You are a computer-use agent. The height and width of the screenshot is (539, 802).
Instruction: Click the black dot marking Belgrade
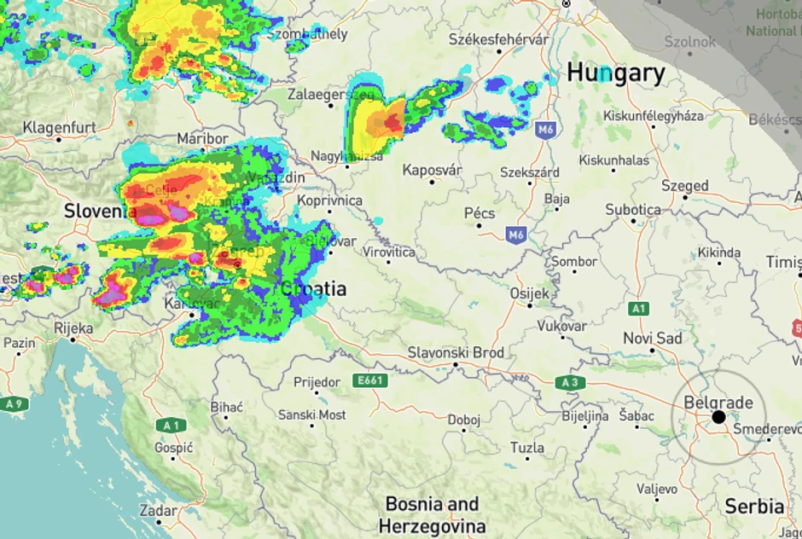point(718,417)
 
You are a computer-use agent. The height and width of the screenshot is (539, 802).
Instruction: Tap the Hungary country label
point(615,72)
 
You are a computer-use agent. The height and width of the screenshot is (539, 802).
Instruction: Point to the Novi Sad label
point(653,339)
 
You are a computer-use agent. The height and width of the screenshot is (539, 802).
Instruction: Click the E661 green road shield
point(371,381)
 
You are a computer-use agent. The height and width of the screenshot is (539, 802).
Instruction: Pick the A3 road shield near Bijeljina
point(572,383)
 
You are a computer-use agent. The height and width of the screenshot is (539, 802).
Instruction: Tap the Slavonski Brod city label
point(456,352)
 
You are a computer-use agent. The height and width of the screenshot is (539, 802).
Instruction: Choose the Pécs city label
point(479,213)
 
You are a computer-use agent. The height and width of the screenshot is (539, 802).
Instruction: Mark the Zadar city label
point(159,510)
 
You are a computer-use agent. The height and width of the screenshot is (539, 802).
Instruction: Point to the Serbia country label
point(754,505)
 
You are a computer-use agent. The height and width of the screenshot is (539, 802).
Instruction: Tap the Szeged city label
point(685,185)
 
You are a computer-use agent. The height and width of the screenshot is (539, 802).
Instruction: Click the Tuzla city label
point(526,447)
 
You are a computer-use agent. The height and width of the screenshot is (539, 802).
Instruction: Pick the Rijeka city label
point(73,327)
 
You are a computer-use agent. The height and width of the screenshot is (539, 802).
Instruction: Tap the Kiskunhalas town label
point(613,159)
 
